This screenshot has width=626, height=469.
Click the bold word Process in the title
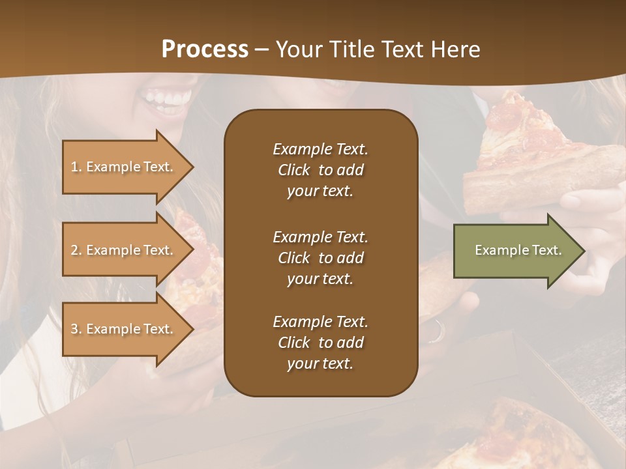tap(205, 50)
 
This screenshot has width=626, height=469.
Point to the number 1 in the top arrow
tap(74, 167)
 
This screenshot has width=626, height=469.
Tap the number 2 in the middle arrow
tap(74, 250)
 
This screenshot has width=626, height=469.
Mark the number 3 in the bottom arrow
tap(74, 329)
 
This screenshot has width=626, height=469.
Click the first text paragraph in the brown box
tap(320, 170)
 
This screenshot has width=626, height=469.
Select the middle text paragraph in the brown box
tap(320, 258)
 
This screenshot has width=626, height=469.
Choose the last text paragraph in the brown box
tap(320, 343)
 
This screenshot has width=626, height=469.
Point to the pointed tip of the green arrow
tap(582, 251)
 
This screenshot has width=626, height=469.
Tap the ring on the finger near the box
tap(436, 332)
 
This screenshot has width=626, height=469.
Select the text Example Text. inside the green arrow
tap(518, 250)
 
